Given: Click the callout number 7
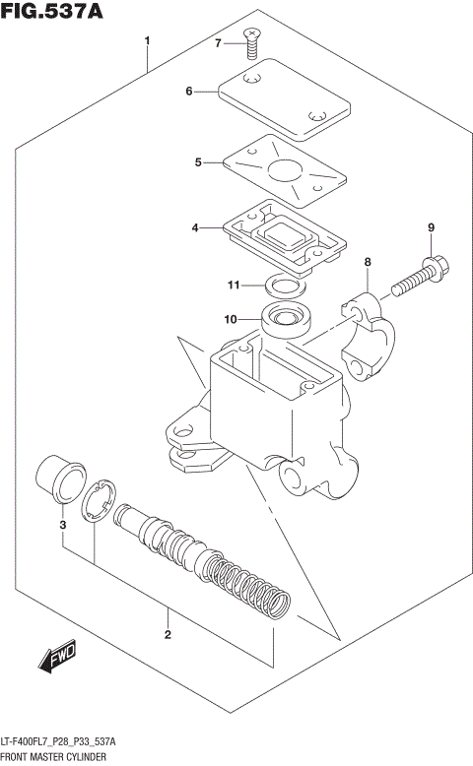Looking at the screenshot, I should tap(219, 42).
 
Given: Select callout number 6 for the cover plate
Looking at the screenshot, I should tap(188, 92).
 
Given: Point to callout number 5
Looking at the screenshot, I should tap(198, 161).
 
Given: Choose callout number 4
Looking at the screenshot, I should tap(195, 228).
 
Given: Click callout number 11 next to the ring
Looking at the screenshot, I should tap(233, 286).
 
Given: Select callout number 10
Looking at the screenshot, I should tap(230, 319).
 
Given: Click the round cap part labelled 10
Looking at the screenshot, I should tap(287, 320).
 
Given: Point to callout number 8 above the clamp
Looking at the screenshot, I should tap(367, 262).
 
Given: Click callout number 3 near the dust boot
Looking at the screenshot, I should tap(62, 525).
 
